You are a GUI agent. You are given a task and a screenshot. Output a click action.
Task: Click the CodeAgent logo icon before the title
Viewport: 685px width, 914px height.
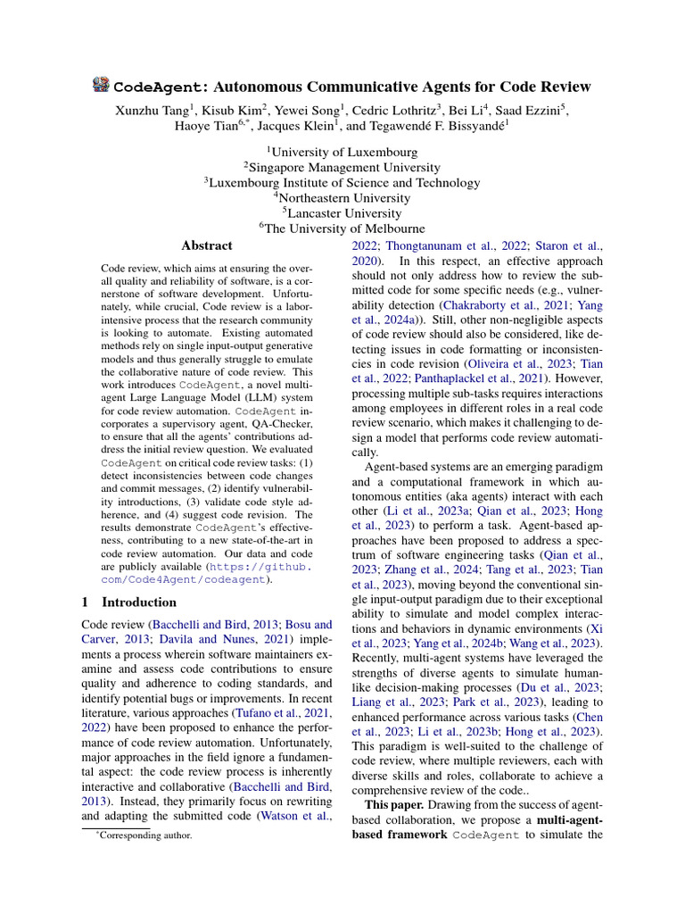coord(102,86)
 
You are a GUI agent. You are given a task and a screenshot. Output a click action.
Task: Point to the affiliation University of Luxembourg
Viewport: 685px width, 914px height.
coord(344,151)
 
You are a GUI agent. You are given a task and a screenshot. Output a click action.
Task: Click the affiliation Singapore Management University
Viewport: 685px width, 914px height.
coord(342,167)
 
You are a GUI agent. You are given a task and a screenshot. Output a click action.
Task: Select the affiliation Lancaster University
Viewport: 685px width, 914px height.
coord(342,213)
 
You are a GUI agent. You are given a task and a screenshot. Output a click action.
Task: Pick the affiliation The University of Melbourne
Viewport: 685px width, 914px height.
coord(342,228)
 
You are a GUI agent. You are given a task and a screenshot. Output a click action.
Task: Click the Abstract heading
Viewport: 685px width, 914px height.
coord(207,245)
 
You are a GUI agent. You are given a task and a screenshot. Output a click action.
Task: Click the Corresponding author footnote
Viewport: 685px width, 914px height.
coord(144,836)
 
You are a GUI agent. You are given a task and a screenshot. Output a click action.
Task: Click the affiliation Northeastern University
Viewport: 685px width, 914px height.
coord(344,198)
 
